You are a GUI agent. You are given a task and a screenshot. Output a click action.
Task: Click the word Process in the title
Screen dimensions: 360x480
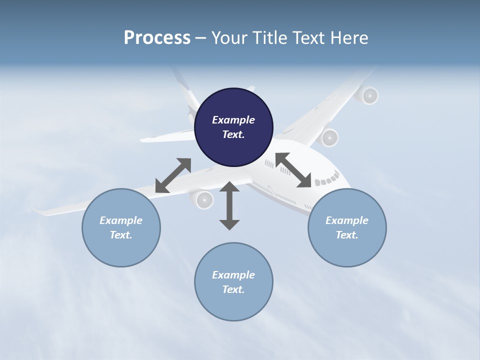157,38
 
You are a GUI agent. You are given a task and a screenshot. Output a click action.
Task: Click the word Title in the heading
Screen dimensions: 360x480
270,38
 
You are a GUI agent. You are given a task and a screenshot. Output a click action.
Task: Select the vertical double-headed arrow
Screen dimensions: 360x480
229,205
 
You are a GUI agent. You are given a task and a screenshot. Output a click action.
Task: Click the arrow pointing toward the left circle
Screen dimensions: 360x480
173,175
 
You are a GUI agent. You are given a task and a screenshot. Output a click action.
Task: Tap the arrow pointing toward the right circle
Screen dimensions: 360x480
293,170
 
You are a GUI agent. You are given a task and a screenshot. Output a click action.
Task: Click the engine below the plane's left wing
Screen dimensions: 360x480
203,199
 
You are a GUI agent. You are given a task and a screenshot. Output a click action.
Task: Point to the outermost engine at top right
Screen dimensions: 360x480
369,95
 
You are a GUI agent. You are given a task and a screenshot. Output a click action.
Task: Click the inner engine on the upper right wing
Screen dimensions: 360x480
329,137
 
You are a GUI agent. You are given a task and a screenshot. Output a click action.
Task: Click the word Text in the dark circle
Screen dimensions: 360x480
233,134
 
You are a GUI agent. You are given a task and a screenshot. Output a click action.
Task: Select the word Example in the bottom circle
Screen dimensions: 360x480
233,275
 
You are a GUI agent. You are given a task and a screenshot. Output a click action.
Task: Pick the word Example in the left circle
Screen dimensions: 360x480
121,220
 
